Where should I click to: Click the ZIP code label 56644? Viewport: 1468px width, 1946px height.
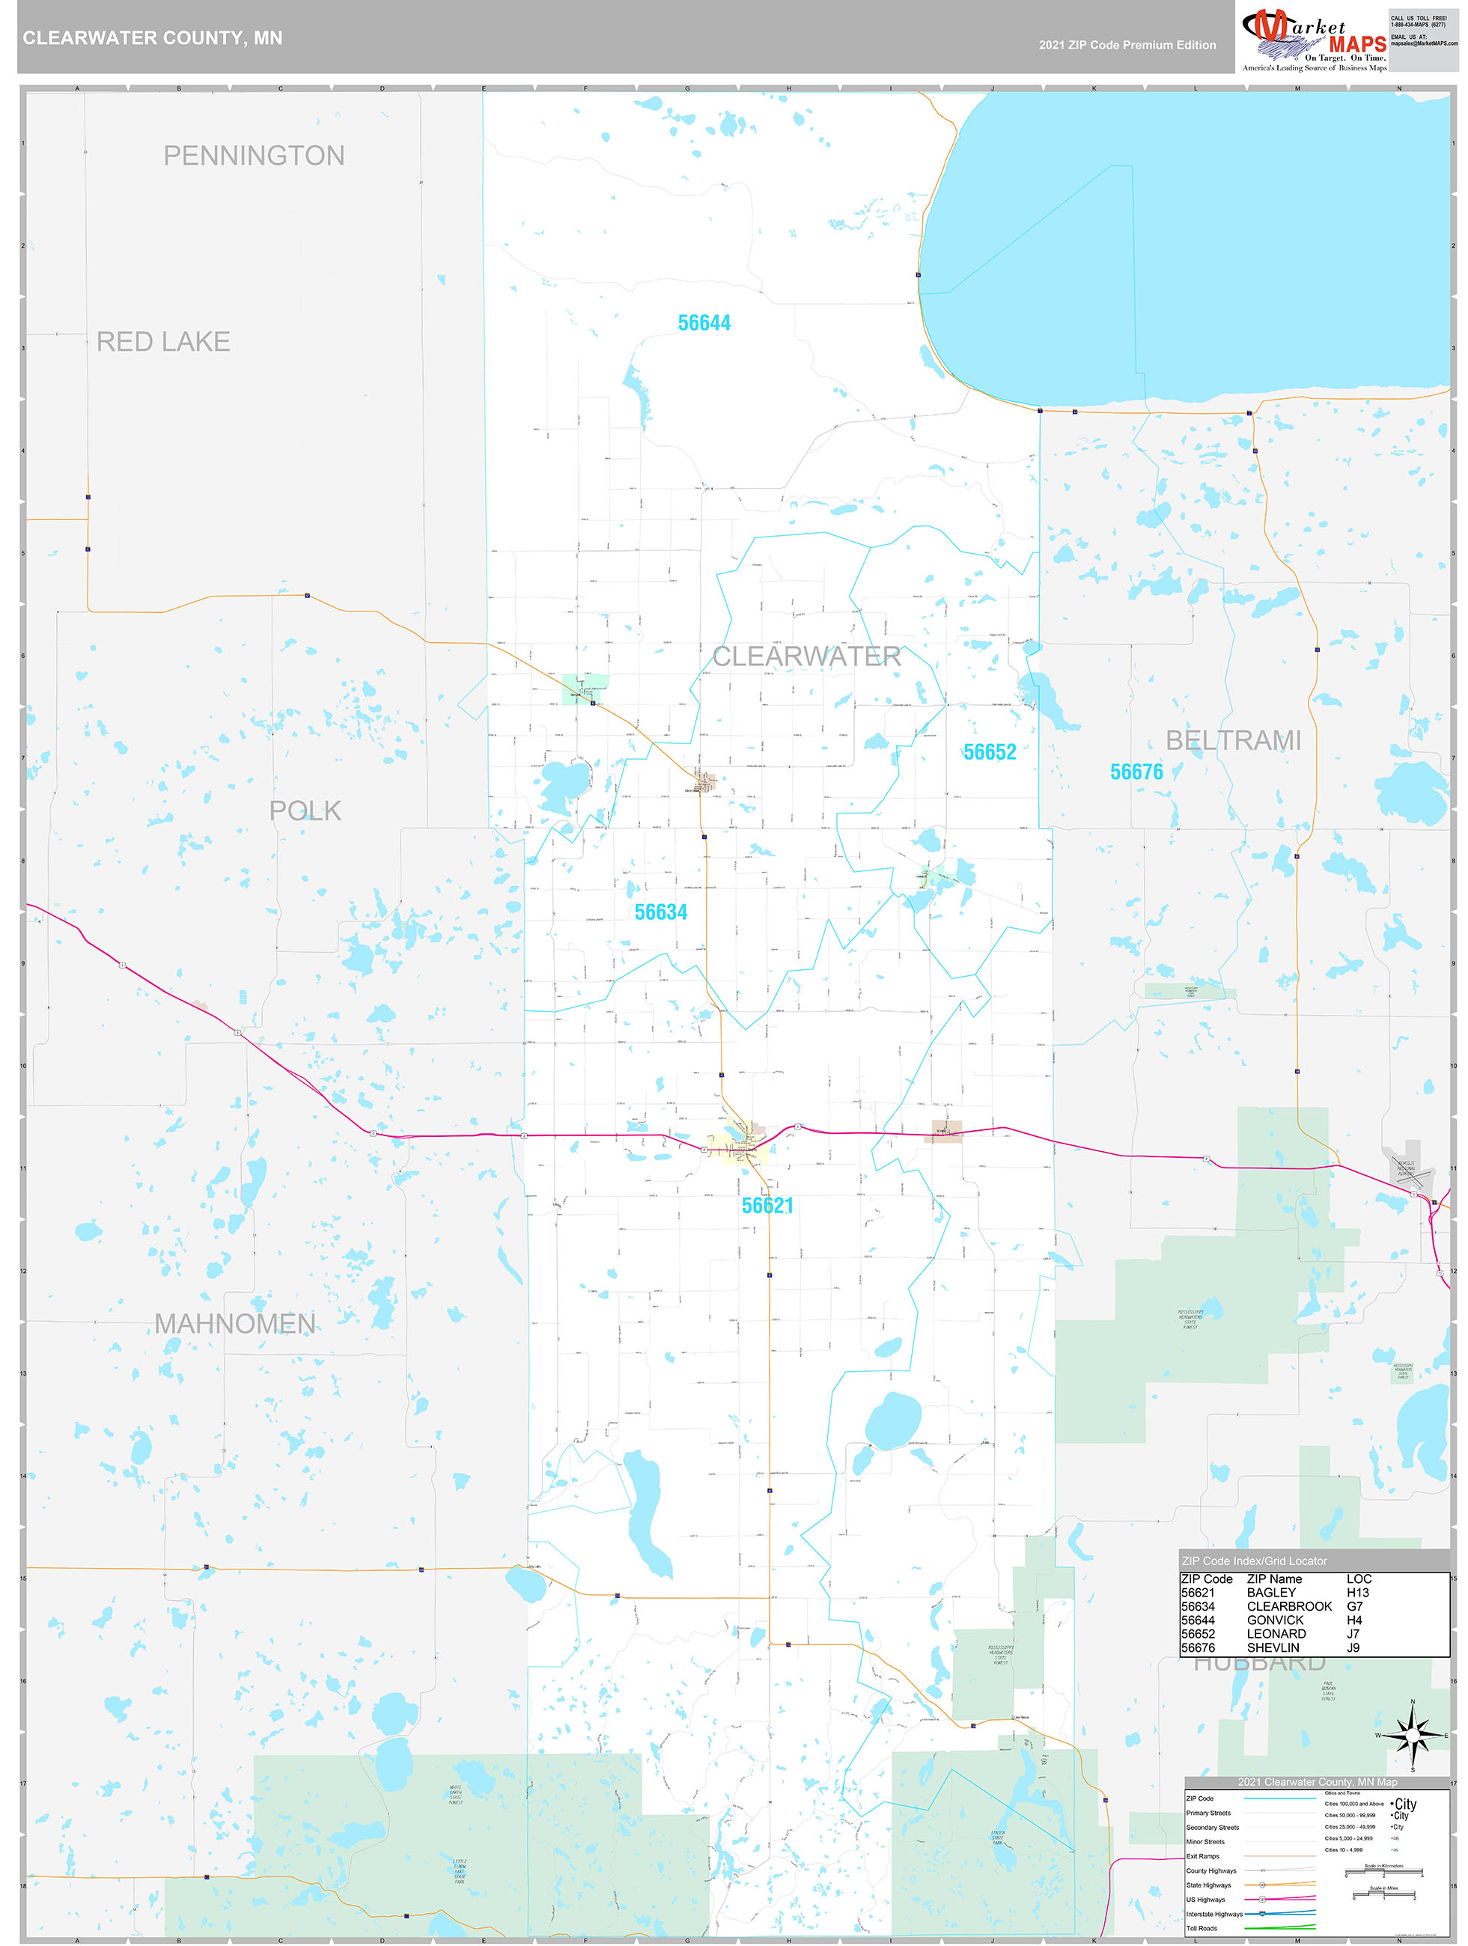pyautogui.click(x=704, y=323)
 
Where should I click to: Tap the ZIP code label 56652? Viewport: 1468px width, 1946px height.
pyautogui.click(x=989, y=752)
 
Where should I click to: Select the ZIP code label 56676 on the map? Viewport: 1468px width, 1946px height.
pyautogui.click(x=1136, y=772)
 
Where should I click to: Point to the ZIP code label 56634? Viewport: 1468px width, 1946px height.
pyautogui.click(x=661, y=912)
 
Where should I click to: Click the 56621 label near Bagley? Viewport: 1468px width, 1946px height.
pyautogui.click(x=767, y=1206)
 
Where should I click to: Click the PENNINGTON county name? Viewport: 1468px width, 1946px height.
pyautogui.click(x=254, y=156)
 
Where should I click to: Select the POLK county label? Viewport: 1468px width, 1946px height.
pyautogui.click(x=305, y=811)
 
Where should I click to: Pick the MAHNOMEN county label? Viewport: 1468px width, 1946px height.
pyautogui.click(x=234, y=1324)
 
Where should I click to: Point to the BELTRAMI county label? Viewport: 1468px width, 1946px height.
pyautogui.click(x=1233, y=741)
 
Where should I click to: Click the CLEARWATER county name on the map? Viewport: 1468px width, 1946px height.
pyautogui.click(x=806, y=656)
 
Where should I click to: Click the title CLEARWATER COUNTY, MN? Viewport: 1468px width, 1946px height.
pyautogui.click(x=152, y=38)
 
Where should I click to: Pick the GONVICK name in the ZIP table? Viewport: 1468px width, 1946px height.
pyautogui.click(x=1274, y=1620)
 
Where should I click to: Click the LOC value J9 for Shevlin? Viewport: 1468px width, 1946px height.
pyautogui.click(x=1353, y=1648)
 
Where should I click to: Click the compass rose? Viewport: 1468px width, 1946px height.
pyautogui.click(x=1413, y=1735)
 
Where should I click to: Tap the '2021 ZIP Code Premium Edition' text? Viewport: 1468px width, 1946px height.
pyautogui.click(x=1127, y=45)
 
